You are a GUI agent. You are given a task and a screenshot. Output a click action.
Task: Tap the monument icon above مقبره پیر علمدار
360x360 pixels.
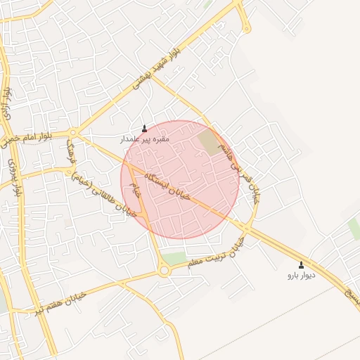pos(145,129)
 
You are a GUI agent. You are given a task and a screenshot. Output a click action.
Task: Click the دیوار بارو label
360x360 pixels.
pos(302,276)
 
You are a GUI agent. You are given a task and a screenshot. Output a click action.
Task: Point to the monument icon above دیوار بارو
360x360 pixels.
pos(302,265)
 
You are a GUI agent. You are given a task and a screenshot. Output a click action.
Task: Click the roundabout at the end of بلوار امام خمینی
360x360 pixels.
pos(74,132)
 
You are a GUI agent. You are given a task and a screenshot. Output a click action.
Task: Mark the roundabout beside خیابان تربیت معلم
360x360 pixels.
pos(164,270)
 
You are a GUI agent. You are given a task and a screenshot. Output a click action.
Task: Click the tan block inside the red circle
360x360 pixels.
pos(209,142)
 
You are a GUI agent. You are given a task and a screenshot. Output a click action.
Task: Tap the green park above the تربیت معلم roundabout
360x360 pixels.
pos(174,257)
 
